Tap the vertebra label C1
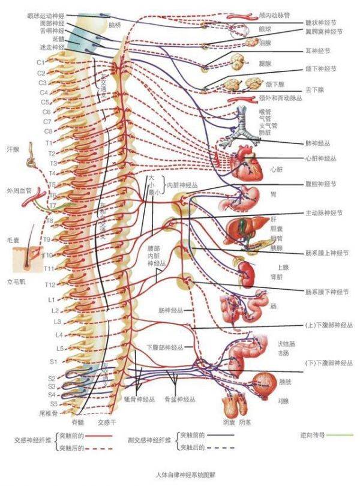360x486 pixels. [41, 62]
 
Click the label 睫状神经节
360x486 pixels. [328, 22]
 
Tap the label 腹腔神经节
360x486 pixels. [327, 185]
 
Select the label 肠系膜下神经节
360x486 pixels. [328, 293]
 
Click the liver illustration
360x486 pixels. [241, 227]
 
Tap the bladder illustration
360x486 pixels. [263, 381]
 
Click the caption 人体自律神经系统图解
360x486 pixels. [181, 474]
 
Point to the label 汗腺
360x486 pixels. [13, 148]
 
